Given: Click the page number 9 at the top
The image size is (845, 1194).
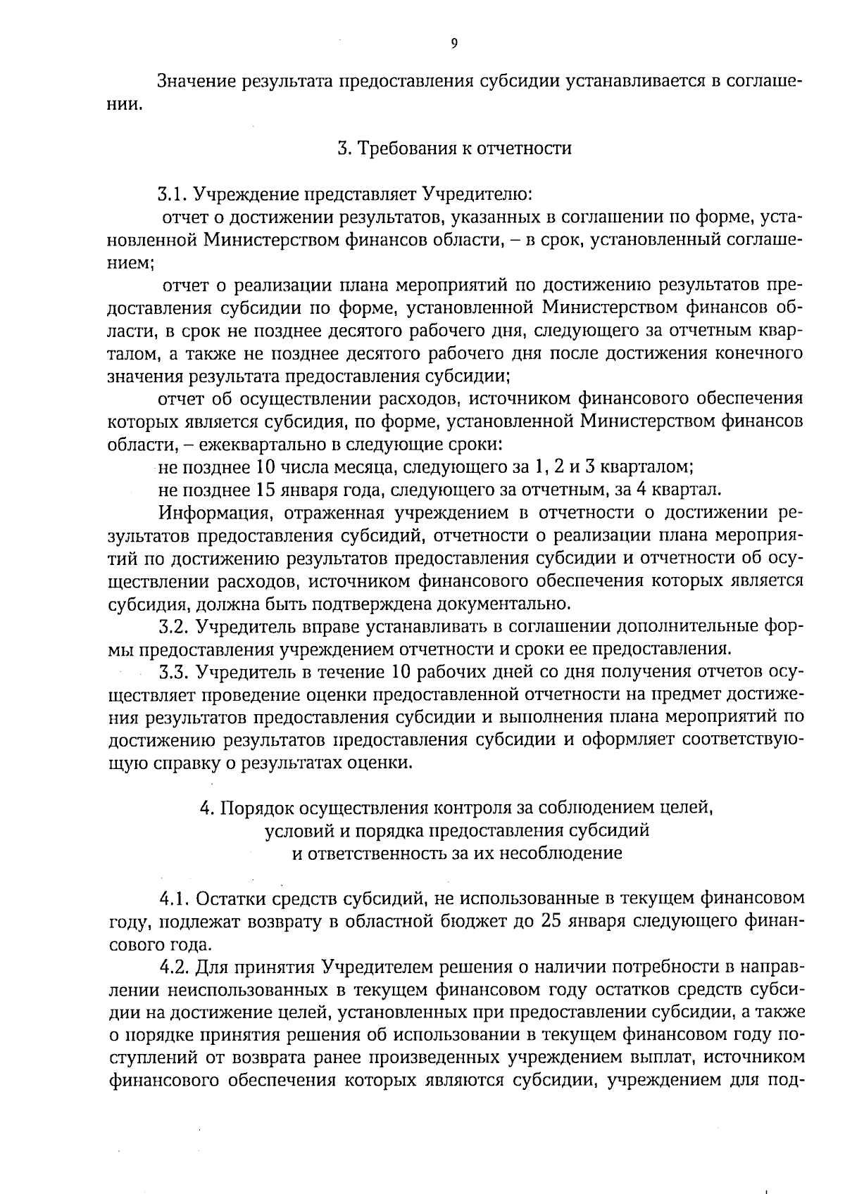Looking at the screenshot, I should click(x=453, y=44).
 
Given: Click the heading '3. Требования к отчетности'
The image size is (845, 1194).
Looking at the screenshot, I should click(x=454, y=148).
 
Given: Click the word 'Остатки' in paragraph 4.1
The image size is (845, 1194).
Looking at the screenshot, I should click(x=227, y=898).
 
